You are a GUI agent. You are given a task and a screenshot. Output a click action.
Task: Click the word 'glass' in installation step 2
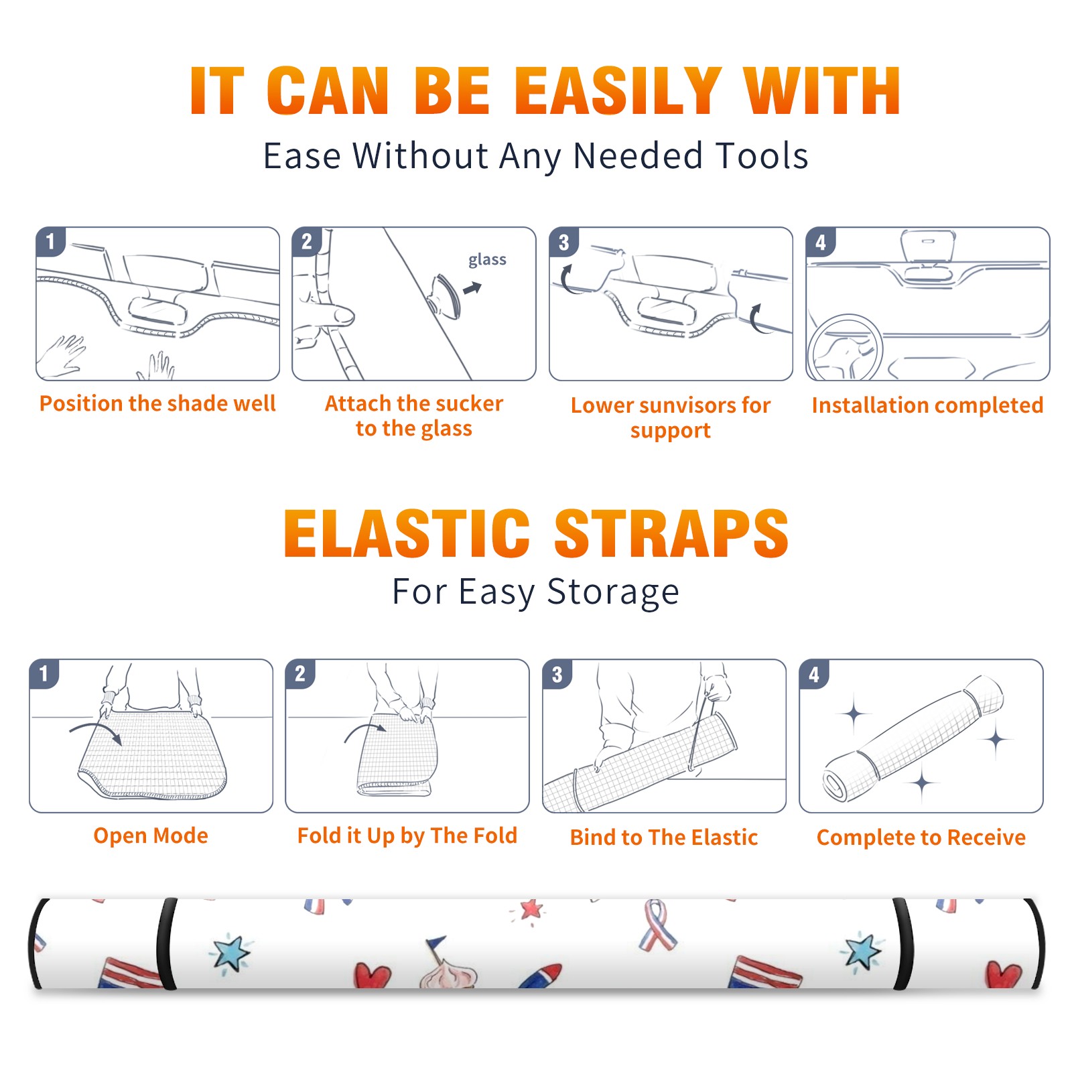(x=487, y=260)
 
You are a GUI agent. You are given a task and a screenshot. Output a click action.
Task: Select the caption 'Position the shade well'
(x=157, y=403)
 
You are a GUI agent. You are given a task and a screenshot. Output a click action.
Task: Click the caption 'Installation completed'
(x=927, y=405)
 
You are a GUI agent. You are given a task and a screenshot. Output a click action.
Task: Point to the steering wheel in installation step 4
(x=812, y=348)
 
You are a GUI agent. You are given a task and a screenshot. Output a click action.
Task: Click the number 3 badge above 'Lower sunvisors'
(x=563, y=243)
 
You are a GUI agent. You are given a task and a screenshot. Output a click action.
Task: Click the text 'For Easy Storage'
(x=536, y=592)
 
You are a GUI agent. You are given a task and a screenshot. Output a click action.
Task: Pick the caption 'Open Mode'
(x=151, y=835)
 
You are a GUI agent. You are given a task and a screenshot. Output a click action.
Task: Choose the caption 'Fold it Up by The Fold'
(x=407, y=835)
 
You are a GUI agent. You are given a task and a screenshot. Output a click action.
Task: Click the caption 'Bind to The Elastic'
(x=664, y=837)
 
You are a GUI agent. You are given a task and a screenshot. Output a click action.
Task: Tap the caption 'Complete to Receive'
(x=921, y=837)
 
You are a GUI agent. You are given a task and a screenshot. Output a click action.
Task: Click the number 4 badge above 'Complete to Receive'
(x=814, y=675)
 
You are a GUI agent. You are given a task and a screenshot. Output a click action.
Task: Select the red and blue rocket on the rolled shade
(x=541, y=976)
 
